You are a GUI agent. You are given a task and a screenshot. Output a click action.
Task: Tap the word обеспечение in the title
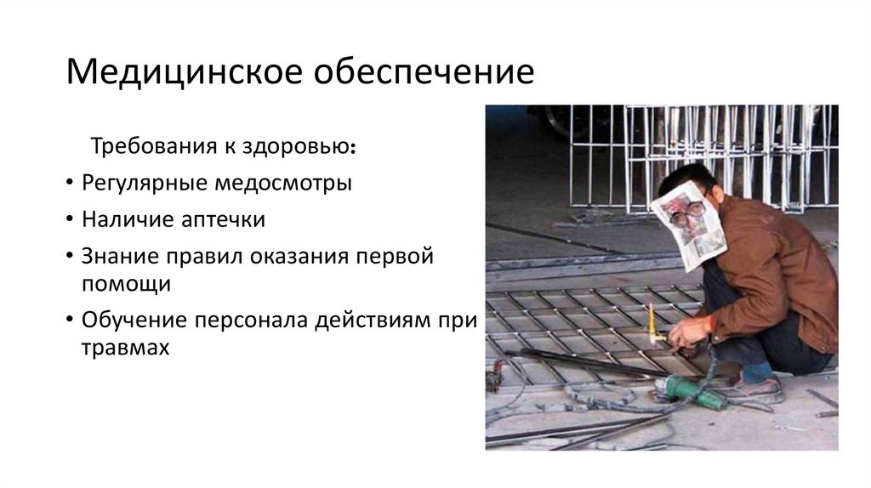(425, 71)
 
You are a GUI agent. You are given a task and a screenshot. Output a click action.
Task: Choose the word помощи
(127, 284)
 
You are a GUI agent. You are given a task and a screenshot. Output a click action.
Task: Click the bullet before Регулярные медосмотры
(67, 184)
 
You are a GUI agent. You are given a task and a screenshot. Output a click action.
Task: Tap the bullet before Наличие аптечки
(67, 220)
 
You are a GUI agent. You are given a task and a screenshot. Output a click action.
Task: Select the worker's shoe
(749, 387)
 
